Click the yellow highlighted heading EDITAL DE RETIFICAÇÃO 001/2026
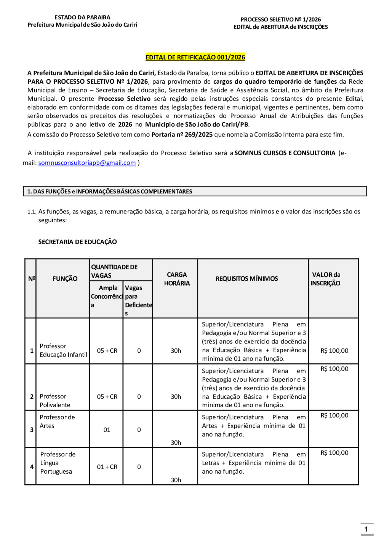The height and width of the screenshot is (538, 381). pyautogui.click(x=195, y=57)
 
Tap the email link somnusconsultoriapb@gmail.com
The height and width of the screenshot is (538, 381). pyautogui.click(x=87, y=163)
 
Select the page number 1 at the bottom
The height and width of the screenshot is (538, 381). pyautogui.click(x=366, y=529)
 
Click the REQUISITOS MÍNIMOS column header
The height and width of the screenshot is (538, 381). pyautogui.click(x=247, y=279)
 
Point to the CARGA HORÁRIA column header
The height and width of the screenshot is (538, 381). pyautogui.click(x=177, y=279)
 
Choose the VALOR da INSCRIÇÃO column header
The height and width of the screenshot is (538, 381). pyautogui.click(x=326, y=279)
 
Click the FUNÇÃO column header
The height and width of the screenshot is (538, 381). pyautogui.click(x=65, y=279)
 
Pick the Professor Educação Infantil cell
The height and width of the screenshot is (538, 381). pyautogui.click(x=63, y=350)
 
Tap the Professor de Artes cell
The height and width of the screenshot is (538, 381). pyautogui.click(x=57, y=422)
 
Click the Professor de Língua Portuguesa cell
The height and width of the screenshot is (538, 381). pyautogui.click(x=58, y=463)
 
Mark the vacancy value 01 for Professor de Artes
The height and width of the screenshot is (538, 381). pyautogui.click(x=107, y=430)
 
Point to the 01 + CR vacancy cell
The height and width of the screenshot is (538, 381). pyautogui.click(x=107, y=467)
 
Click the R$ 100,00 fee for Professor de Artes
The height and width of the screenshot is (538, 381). pyautogui.click(x=334, y=415)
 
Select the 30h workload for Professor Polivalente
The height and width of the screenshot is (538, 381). pyautogui.click(x=176, y=396)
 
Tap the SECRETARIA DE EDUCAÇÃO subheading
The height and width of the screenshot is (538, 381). pyautogui.click(x=77, y=242)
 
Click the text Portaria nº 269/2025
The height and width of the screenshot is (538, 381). pyautogui.click(x=182, y=135)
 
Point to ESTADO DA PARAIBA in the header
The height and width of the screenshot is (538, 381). pyautogui.click(x=82, y=18)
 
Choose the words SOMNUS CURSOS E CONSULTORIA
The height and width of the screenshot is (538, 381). pyautogui.click(x=285, y=153)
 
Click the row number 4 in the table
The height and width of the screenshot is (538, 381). pyautogui.click(x=32, y=467)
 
